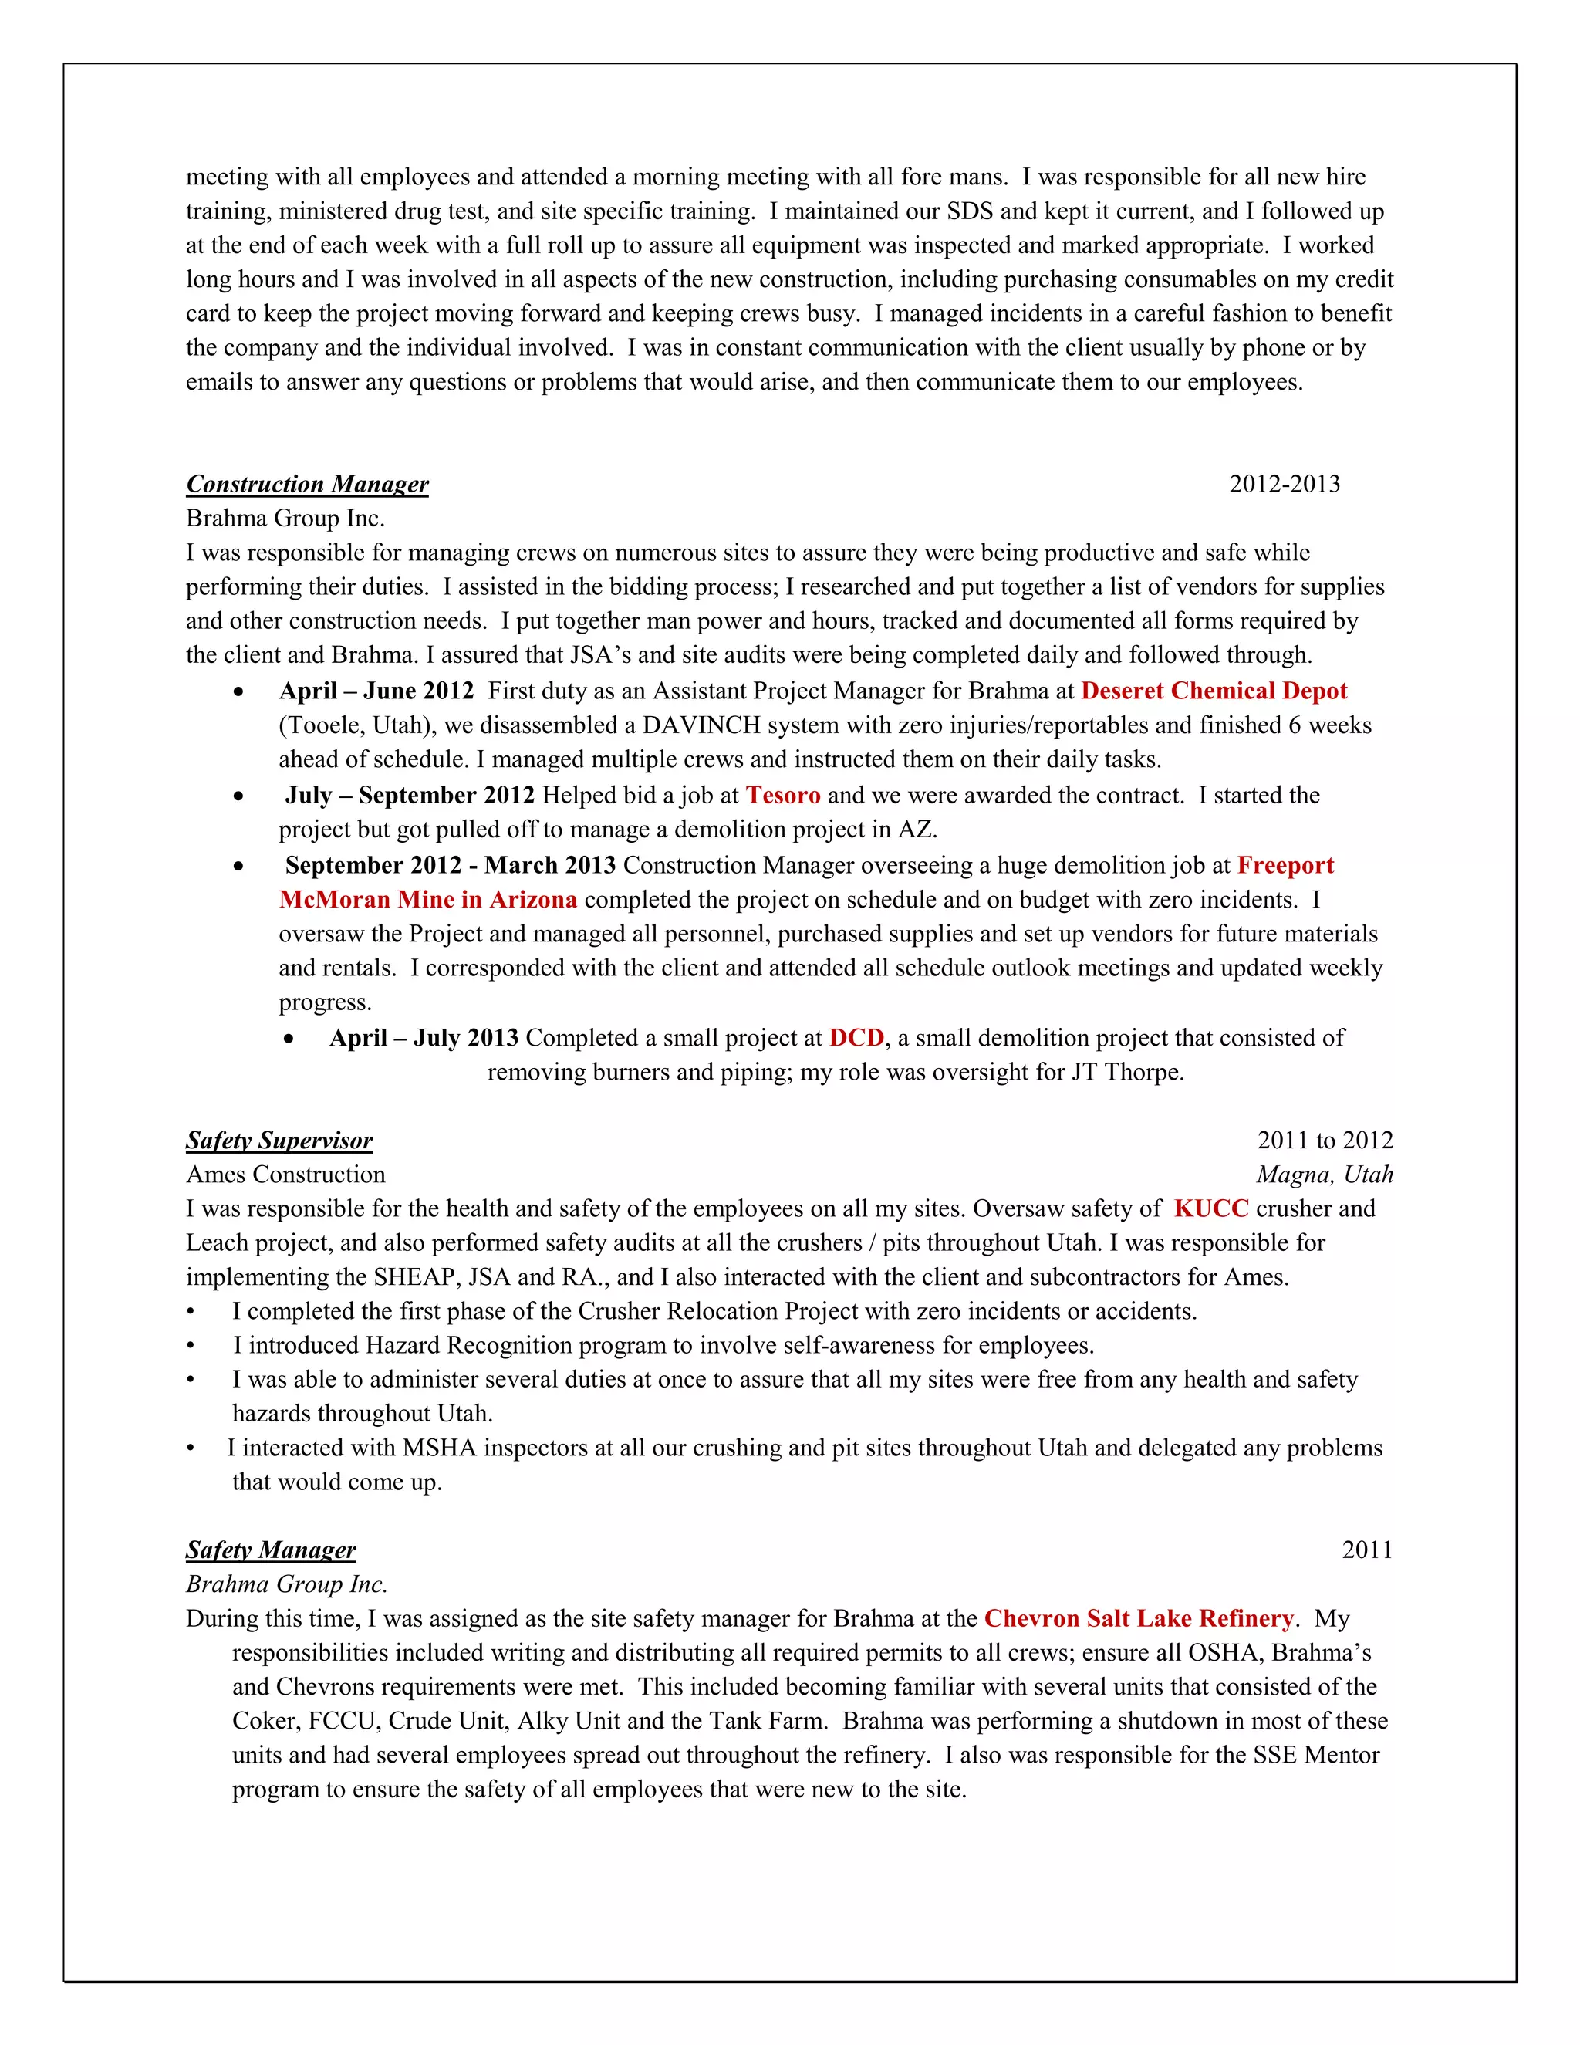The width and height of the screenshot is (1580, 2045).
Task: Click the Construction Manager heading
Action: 307,484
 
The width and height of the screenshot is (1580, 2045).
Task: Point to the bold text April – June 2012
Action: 376,691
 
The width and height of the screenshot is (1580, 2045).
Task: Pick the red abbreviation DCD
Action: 856,1037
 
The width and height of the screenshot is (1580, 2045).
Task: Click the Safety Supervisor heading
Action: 279,1141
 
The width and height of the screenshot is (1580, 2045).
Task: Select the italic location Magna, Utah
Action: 1324,1175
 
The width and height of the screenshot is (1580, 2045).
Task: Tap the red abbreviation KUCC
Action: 1210,1208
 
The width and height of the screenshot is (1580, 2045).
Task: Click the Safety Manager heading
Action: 271,1550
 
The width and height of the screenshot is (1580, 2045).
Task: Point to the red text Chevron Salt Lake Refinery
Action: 1138,1618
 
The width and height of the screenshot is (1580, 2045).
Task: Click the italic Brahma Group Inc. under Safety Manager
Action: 286,1584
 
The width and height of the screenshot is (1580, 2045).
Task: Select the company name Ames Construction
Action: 285,1175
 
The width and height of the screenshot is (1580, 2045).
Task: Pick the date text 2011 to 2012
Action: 1324,1141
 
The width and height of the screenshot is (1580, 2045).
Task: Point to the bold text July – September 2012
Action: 409,795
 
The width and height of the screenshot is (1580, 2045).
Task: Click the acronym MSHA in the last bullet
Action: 439,1448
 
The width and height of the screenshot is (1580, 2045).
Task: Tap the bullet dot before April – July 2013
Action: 290,1039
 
